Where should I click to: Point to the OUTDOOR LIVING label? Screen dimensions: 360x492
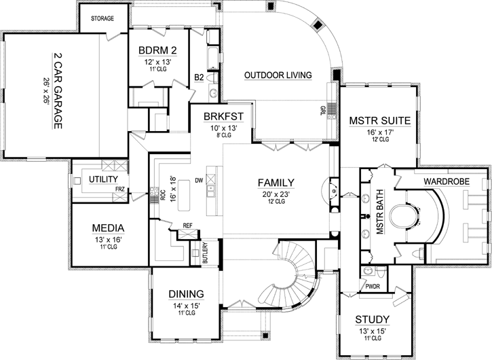278,75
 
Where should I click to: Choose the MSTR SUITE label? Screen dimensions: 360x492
379,121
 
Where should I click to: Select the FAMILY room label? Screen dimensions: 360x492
276,182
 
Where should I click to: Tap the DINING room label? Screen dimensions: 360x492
185,293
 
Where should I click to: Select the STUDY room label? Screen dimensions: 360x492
372,319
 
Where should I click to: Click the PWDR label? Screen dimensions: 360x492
373,287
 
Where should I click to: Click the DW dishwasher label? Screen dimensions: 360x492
200,181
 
